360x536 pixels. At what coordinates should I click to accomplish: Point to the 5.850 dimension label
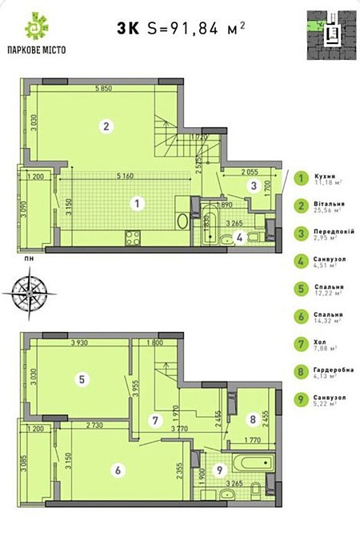pyautogui.click(x=102, y=90)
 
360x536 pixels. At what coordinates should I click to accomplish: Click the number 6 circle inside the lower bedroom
pyautogui.click(x=118, y=470)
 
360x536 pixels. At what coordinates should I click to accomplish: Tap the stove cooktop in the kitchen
pyautogui.click(x=134, y=237)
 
